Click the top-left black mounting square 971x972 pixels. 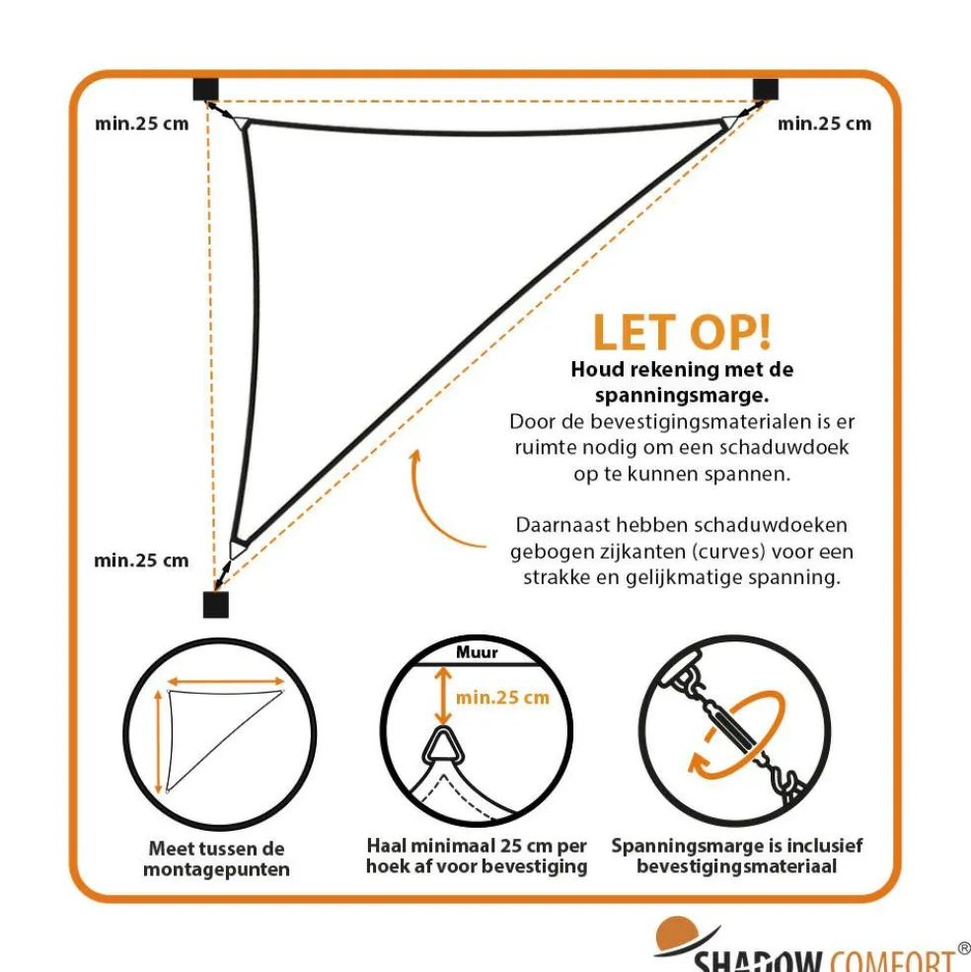click(206, 89)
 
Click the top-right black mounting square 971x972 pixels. click(765, 90)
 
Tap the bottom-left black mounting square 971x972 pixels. click(216, 604)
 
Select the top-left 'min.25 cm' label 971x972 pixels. click(141, 124)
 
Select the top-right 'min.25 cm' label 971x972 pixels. click(824, 124)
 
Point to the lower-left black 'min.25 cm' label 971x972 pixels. click(141, 561)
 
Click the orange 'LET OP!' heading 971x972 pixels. click(682, 333)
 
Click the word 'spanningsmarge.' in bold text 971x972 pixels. click(682, 396)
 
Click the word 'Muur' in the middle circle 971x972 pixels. click(477, 652)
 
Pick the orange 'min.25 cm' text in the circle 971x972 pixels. click(502, 698)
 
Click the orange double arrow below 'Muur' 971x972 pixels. click(443, 695)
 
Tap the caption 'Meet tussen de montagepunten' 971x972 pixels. click(216, 859)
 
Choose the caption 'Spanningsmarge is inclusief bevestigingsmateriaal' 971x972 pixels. click(737, 857)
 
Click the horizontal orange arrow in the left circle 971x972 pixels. click(226, 682)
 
